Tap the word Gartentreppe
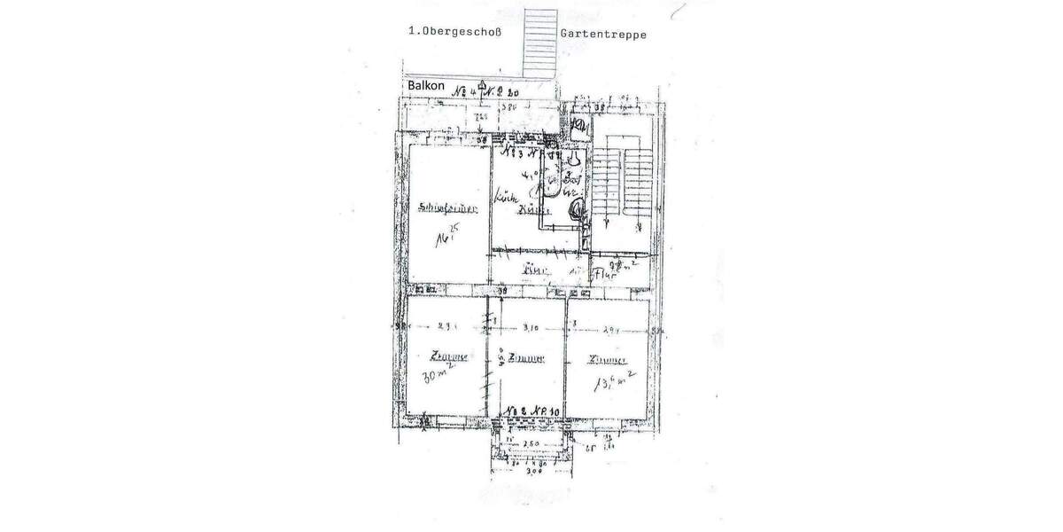click(x=602, y=35)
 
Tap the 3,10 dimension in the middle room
click(x=531, y=327)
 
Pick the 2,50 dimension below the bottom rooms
click(x=531, y=442)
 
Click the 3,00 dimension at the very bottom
click(x=531, y=473)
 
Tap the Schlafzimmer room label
click(x=448, y=209)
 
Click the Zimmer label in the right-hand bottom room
click(x=609, y=360)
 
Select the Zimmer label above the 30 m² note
click(x=448, y=356)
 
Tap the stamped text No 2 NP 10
click(x=533, y=412)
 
